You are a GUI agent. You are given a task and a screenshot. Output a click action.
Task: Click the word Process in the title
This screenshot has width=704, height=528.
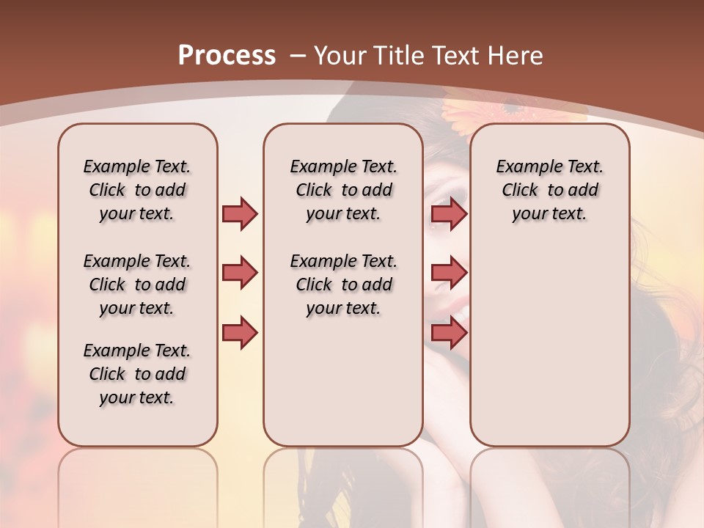(227, 55)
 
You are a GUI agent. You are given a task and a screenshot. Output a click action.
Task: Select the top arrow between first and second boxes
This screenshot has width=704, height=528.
(240, 213)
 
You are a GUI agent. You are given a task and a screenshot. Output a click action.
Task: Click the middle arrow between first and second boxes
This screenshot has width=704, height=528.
(240, 273)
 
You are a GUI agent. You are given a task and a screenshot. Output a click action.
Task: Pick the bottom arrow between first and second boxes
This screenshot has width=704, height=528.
(240, 333)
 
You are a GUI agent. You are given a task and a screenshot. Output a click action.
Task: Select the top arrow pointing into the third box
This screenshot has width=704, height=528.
(449, 213)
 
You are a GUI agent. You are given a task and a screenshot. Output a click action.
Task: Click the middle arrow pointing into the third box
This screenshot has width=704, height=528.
(449, 273)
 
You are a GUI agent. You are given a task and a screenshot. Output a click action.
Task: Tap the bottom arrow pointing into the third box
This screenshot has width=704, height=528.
(449, 333)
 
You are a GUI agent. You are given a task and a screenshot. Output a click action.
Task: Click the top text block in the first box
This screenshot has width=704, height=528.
(137, 190)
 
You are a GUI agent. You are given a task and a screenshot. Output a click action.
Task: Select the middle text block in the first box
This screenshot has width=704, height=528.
(137, 285)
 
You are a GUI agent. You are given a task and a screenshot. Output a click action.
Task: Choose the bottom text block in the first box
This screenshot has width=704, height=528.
(137, 374)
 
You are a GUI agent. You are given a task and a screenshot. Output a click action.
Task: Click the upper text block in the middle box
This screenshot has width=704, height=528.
(343, 190)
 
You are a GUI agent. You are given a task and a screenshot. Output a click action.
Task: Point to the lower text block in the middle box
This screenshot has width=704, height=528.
(343, 285)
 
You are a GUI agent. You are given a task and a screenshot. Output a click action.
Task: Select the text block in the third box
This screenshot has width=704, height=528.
(549, 190)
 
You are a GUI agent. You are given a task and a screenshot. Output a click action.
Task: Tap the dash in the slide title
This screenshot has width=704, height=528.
(298, 55)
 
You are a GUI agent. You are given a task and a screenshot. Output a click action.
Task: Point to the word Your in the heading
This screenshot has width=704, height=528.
(340, 55)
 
